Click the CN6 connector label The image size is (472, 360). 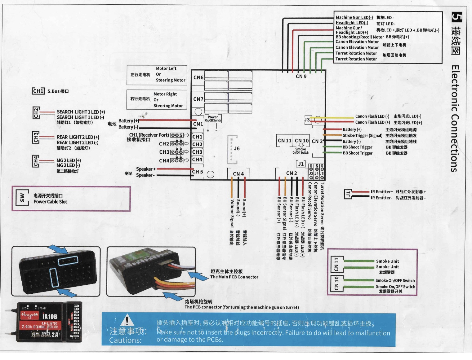(x=198, y=77)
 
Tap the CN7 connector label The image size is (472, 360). (x=198, y=99)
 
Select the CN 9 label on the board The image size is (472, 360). (x=301, y=76)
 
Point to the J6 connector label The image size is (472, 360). (x=237, y=148)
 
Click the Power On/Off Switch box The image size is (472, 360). (x=213, y=119)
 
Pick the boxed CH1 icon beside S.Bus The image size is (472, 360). (x=38, y=91)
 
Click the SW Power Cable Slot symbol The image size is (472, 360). (x=22, y=198)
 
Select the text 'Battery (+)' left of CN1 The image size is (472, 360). (x=128, y=121)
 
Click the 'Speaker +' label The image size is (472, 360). (x=146, y=169)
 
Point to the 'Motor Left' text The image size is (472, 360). (x=166, y=68)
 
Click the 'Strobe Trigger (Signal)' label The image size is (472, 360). (x=362, y=135)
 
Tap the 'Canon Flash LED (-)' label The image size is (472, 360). (x=372, y=116)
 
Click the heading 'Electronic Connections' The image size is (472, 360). (x=455, y=118)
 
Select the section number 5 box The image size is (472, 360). (x=456, y=17)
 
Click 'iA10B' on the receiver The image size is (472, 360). (x=50, y=317)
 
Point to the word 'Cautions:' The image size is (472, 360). (x=125, y=340)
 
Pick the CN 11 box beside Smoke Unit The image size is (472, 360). (x=336, y=264)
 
